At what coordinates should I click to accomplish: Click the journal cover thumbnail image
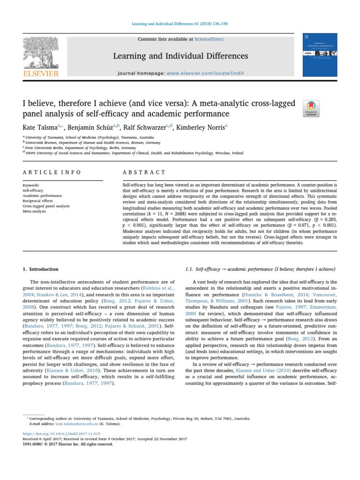320,54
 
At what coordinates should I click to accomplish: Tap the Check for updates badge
312,108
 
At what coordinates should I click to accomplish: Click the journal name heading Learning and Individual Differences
180,56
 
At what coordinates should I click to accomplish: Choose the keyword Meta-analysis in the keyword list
34,211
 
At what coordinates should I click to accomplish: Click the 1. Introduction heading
41,269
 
